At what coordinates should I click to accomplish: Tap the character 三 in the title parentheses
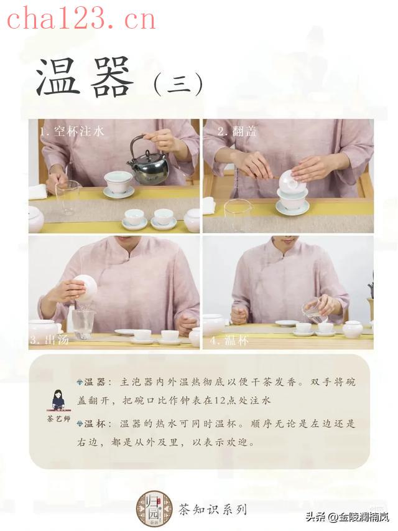coord(179,83)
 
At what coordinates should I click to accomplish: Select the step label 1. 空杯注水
coord(72,131)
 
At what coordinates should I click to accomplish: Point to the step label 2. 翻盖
coord(237,131)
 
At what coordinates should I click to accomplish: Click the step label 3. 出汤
coord(49,340)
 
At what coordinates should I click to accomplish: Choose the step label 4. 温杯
coord(229,340)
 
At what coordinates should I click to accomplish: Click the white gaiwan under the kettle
coord(118,184)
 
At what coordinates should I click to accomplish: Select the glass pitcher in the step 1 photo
coord(67,197)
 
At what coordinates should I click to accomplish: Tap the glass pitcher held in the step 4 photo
coord(314,311)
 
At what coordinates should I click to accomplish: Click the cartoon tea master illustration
coord(58,400)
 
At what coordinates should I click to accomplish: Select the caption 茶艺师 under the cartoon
coord(58,418)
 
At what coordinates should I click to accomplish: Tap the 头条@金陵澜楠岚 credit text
coord(347,517)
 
